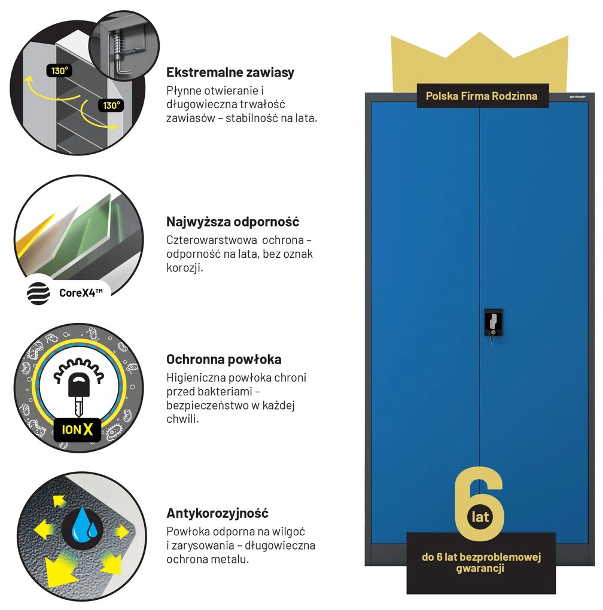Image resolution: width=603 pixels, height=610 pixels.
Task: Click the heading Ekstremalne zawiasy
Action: pos(230,72)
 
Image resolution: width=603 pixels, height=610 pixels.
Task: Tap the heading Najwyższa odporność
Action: pos(233,222)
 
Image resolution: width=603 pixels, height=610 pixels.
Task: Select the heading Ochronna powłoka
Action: pos(224,359)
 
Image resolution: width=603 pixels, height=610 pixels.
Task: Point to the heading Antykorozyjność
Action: pos(218,513)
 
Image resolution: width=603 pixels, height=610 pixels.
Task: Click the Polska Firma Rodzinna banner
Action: pos(482,96)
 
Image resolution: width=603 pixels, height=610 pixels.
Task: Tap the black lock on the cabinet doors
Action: pos(494,322)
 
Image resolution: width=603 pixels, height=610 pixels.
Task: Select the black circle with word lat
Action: pos(480,517)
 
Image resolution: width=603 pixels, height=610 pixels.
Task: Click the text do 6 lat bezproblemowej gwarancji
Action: pos(481,563)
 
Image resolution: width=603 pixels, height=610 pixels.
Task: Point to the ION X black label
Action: pos(77,430)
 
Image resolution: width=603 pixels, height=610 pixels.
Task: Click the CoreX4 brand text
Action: pos(81,292)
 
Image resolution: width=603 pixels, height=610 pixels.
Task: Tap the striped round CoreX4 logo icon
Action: pos(38,293)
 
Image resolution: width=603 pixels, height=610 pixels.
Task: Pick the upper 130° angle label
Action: pos(59,71)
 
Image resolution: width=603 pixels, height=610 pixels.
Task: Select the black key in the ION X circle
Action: pos(79,393)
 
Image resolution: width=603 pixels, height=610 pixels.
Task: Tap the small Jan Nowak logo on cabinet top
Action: pos(578,97)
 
